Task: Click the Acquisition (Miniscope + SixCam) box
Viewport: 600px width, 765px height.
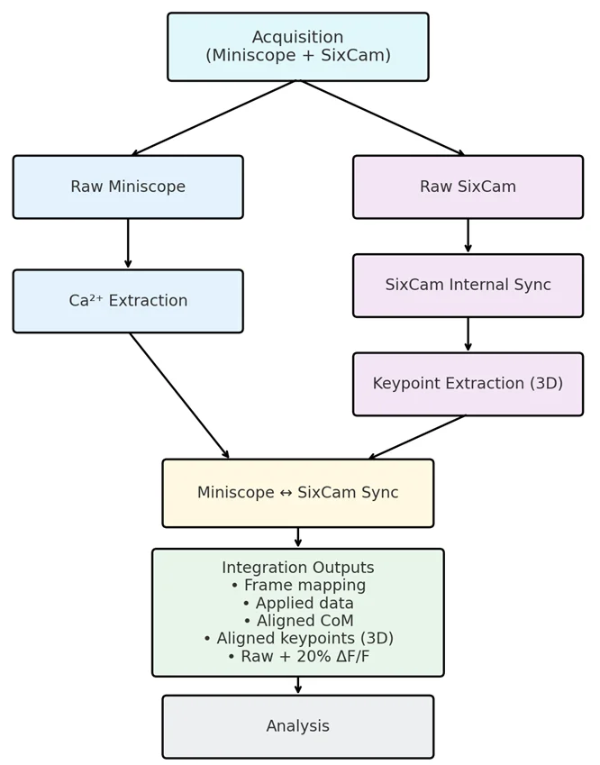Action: [297, 47]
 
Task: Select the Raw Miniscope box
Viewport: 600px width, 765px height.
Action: [128, 187]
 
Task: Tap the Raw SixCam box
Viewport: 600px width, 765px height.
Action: [468, 187]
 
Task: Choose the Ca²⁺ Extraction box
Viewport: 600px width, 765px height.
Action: [128, 301]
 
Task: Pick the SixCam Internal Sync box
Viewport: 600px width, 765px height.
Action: [468, 286]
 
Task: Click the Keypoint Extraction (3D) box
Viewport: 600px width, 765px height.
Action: [468, 384]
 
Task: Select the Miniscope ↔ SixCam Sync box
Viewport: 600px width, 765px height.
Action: [297, 493]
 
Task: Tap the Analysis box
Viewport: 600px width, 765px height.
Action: [297, 726]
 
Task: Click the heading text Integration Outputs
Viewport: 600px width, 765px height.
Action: [297, 568]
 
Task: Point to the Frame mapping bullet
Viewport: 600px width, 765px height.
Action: [297, 586]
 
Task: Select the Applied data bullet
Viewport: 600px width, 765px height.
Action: [297, 604]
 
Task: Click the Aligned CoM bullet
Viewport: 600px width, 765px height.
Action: [297, 621]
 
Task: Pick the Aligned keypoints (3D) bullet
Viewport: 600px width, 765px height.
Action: [297, 639]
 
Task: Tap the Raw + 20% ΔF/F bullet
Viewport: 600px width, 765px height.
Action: [297, 657]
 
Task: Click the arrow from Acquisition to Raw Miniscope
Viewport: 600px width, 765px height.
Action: [214, 118]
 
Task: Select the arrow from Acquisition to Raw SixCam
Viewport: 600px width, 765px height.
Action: [382, 118]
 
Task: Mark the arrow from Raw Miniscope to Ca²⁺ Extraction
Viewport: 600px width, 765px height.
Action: [128, 243]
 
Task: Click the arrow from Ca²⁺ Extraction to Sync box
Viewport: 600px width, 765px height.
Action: [179, 396]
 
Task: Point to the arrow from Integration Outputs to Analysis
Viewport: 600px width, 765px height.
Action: [297, 686]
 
